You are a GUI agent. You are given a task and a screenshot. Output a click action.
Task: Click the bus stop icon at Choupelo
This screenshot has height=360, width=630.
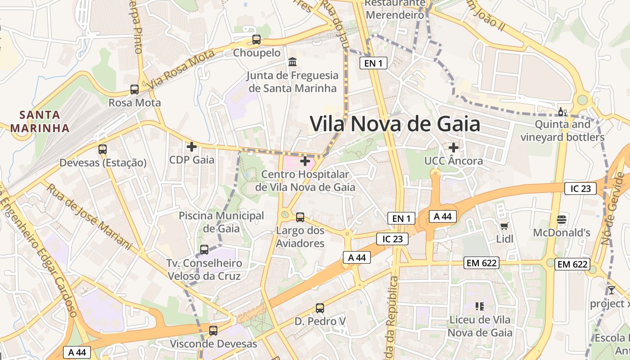point(256,40)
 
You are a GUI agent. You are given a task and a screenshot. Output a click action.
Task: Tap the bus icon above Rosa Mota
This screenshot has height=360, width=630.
point(135,89)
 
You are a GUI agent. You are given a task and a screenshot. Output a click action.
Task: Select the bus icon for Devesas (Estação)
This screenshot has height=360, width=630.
point(103,149)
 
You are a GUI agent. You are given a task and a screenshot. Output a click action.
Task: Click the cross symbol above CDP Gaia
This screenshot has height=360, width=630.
point(192,146)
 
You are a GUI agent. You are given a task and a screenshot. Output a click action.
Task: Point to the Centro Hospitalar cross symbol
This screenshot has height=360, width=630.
point(305,161)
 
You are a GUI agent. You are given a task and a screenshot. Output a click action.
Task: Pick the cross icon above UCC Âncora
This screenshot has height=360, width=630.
point(454,147)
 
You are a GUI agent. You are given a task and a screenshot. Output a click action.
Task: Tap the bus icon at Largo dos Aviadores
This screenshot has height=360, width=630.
point(300,217)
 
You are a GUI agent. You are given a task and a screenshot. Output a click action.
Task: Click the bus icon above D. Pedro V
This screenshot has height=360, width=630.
point(320,308)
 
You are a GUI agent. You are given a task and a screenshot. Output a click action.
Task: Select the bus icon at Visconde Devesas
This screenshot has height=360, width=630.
point(213,331)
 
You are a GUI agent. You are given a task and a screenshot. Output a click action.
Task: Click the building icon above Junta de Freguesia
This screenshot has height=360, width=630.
point(292,61)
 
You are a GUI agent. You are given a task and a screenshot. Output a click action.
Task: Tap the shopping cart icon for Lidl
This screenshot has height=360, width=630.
point(504,226)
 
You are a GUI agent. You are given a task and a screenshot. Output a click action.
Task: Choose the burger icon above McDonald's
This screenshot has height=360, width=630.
point(562,220)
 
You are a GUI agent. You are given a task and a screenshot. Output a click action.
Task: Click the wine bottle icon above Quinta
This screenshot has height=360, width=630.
point(562,112)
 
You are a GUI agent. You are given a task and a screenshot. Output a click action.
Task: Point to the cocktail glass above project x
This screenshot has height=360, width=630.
point(611,290)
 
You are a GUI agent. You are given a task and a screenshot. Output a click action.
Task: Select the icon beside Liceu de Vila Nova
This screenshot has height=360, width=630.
point(480,306)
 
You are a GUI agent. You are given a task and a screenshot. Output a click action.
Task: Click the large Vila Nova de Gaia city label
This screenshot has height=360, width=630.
point(395,124)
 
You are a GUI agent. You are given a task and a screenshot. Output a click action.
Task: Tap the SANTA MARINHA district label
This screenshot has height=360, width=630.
point(40,121)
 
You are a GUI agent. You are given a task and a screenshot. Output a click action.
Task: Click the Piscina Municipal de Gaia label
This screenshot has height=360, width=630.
point(221,222)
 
